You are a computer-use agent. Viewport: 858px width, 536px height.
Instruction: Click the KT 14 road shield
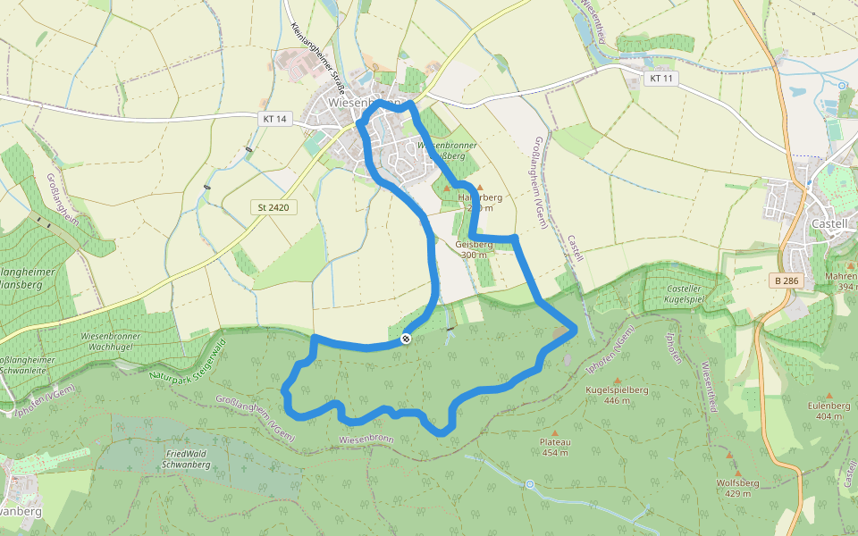276,119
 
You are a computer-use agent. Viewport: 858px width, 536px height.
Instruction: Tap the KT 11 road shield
661,79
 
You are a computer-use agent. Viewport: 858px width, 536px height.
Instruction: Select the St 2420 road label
273,207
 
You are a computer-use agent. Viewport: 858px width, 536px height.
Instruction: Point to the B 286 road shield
786,281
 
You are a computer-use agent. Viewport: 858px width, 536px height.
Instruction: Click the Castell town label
829,223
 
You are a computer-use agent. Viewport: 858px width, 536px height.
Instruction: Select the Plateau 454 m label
555,447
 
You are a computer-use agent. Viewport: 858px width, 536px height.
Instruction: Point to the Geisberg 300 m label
474,249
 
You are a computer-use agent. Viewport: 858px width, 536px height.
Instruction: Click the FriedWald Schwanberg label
187,459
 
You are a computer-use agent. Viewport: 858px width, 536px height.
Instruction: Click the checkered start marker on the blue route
407,338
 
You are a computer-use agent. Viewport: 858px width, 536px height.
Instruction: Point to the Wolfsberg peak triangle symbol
730,456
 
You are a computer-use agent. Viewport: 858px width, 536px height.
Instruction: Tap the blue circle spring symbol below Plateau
530,484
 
